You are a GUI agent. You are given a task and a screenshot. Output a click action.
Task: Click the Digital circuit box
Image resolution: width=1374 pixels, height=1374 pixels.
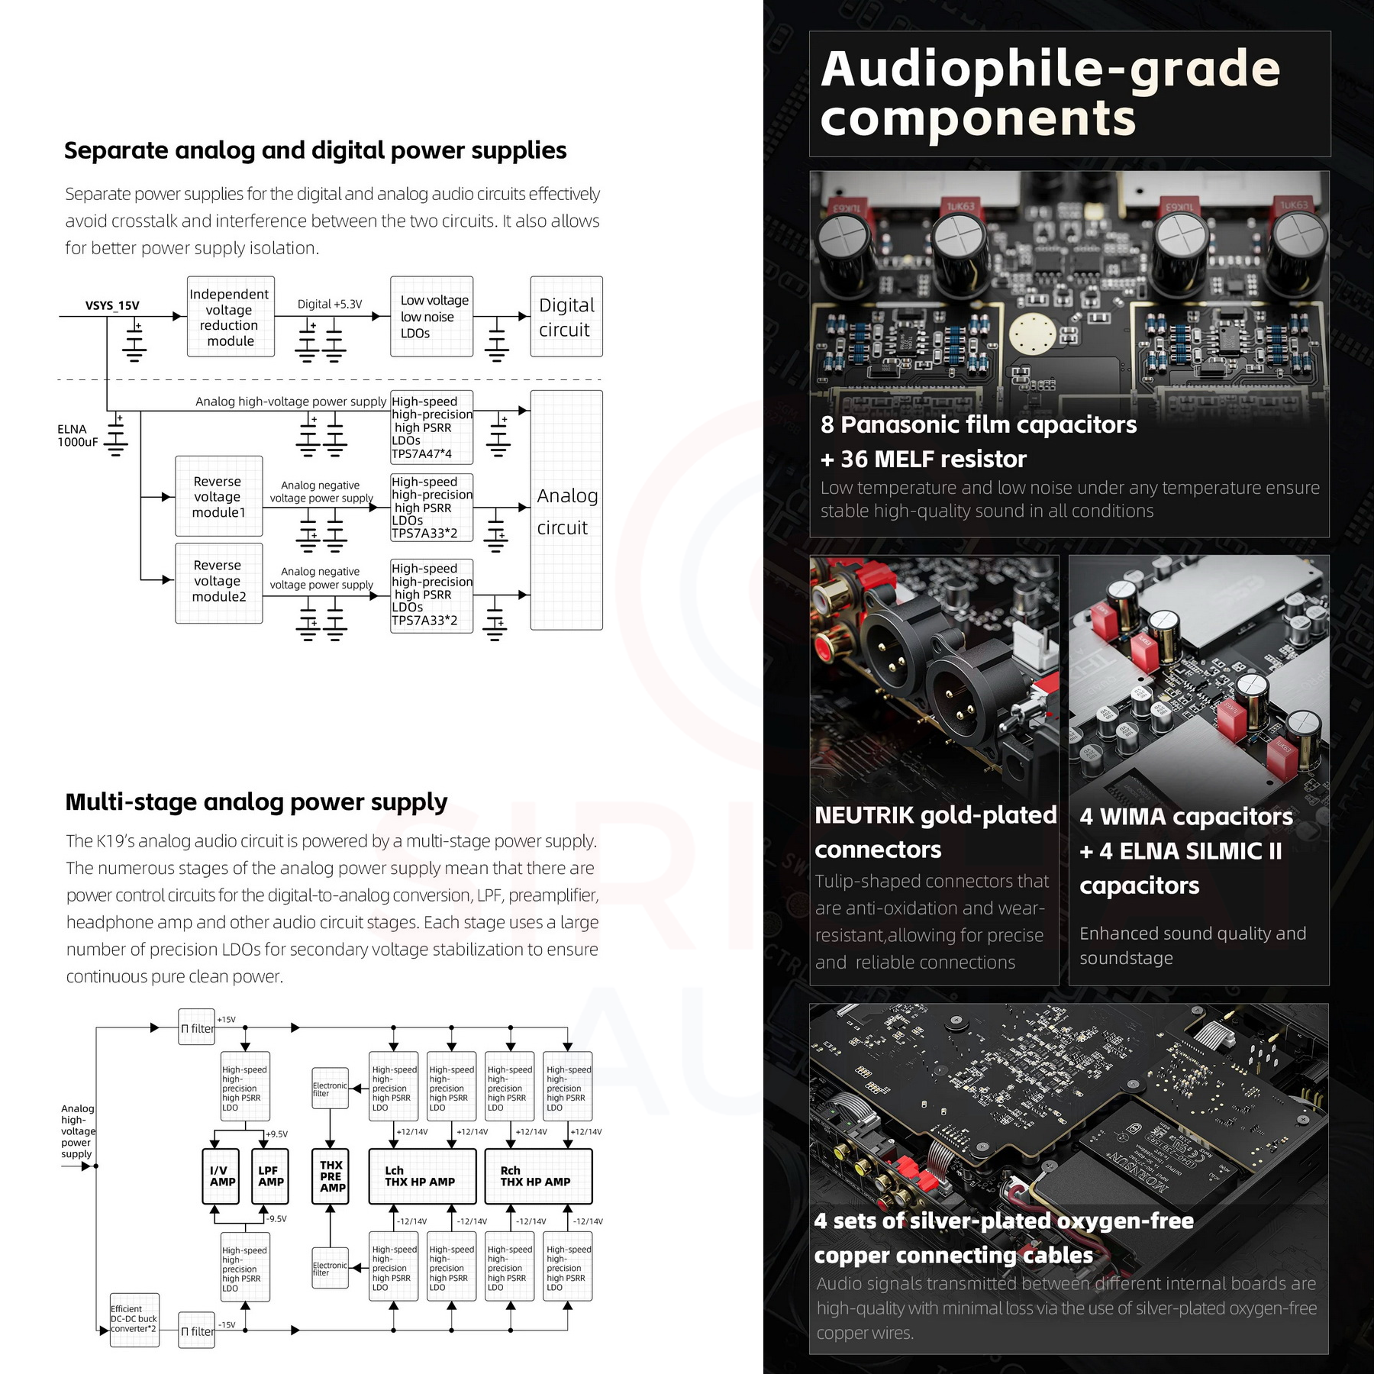click(x=566, y=317)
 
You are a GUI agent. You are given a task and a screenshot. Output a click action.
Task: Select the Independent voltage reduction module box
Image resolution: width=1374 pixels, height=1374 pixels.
click(x=231, y=317)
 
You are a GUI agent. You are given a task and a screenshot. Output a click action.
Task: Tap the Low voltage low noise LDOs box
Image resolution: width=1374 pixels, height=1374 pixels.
click(x=431, y=317)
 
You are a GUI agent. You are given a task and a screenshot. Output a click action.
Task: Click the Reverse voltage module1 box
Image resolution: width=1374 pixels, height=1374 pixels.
click(x=219, y=496)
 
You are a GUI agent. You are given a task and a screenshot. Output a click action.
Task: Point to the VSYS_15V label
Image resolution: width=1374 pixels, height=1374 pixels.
click(x=112, y=305)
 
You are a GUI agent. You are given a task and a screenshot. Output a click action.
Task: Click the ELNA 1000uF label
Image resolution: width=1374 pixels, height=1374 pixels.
click(x=77, y=435)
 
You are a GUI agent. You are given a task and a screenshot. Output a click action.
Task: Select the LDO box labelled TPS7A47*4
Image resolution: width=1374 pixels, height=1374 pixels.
click(x=431, y=427)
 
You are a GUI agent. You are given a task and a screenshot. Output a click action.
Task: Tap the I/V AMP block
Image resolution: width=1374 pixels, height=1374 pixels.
click(x=221, y=1176)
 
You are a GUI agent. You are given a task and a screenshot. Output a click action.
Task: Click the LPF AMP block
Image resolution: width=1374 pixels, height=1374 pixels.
click(x=270, y=1176)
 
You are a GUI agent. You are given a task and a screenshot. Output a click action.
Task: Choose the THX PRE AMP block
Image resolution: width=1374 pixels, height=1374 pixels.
click(x=331, y=1176)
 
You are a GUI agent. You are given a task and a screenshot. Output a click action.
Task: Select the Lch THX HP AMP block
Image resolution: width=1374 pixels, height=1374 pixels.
click(x=421, y=1176)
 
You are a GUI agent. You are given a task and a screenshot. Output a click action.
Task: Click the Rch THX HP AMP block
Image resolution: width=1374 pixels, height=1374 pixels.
click(x=537, y=1176)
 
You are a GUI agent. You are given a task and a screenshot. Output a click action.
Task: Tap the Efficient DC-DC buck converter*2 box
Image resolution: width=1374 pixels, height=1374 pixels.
click(x=134, y=1320)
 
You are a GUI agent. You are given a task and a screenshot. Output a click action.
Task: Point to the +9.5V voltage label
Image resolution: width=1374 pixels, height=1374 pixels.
click(x=277, y=1134)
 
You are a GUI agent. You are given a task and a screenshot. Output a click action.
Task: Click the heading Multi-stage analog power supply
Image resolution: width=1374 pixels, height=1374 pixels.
click(x=256, y=801)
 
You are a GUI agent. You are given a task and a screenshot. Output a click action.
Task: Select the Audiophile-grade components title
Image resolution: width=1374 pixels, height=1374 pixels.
click(x=1050, y=93)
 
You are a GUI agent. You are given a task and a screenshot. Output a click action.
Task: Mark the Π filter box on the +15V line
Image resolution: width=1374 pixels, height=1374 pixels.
click(x=197, y=1028)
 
